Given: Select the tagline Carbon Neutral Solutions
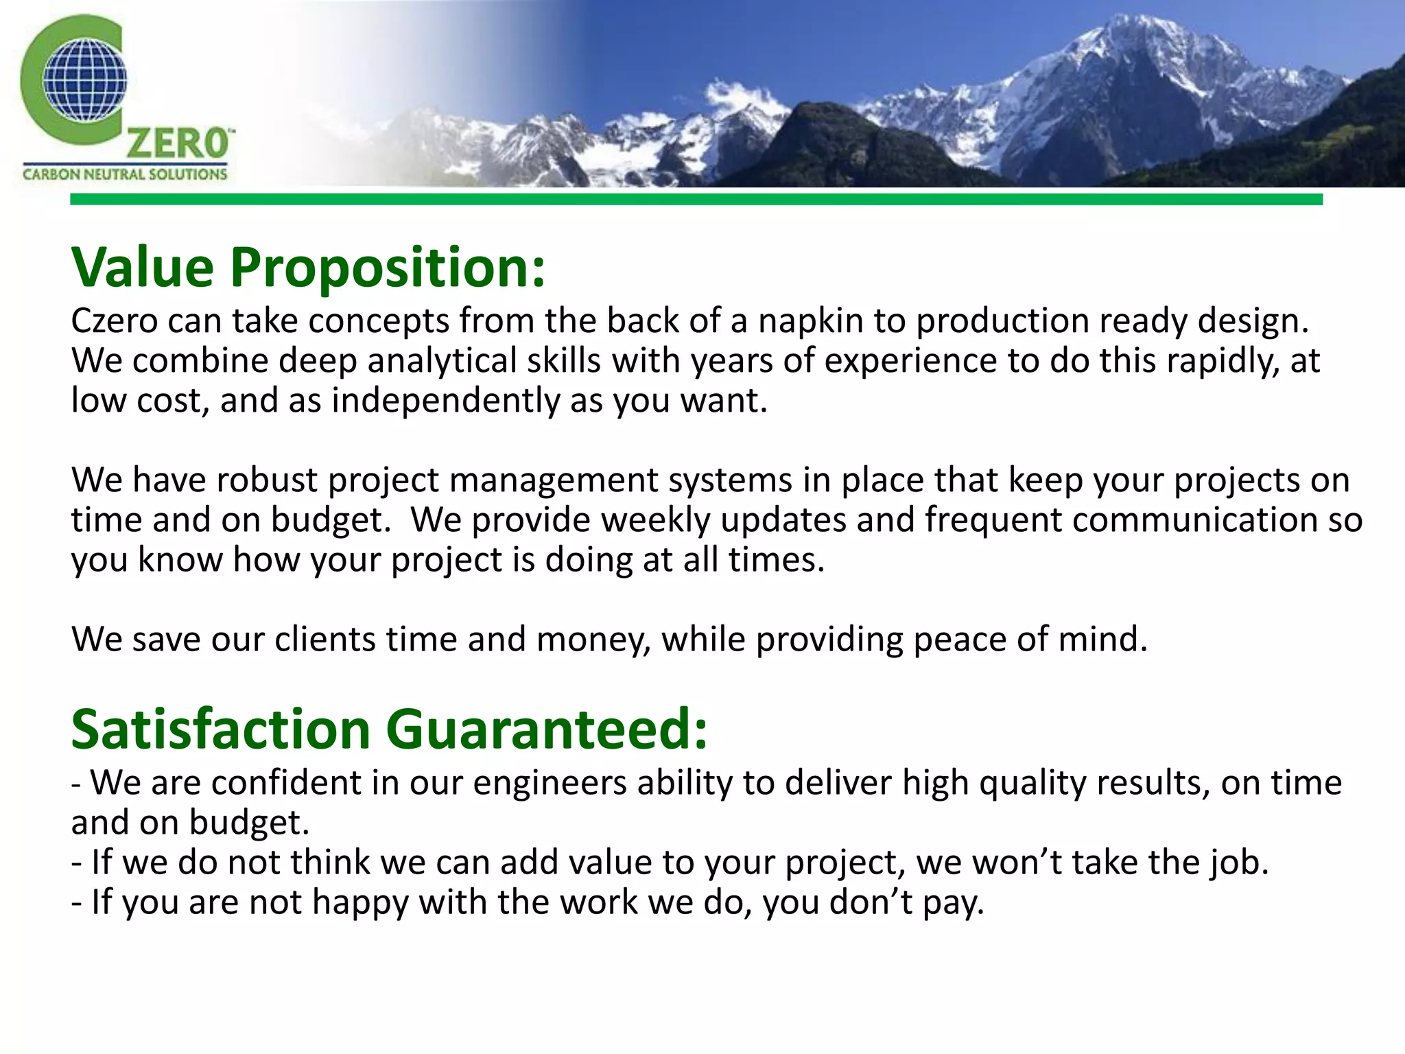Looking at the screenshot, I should click(124, 174).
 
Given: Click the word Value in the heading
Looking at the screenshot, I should click(143, 267).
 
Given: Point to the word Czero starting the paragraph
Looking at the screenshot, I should click(114, 321).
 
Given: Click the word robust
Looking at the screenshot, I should click(266, 480).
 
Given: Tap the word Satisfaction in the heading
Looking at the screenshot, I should click(220, 729).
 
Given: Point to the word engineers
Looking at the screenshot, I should click(550, 783).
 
